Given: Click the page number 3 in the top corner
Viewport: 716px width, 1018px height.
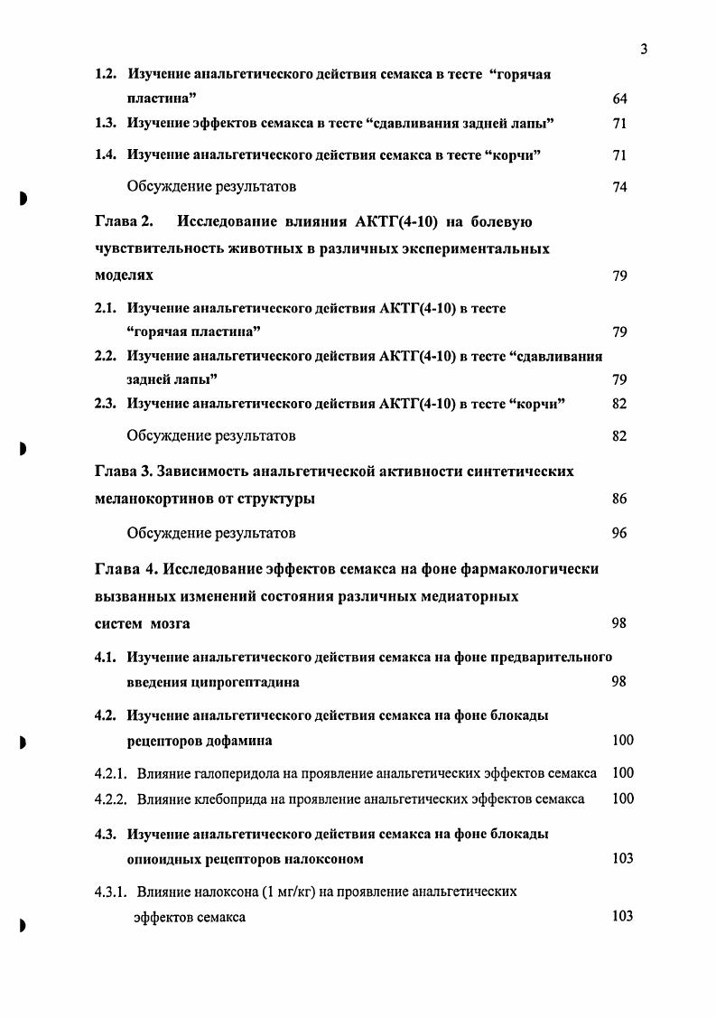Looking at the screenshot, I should (x=644, y=50).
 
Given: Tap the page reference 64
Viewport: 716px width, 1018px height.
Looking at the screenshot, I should (x=618, y=98).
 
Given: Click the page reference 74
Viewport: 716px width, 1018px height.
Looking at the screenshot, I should (x=618, y=187).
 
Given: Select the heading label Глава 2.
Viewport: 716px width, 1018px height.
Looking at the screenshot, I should (x=125, y=221).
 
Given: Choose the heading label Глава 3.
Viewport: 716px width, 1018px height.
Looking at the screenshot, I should (x=125, y=472).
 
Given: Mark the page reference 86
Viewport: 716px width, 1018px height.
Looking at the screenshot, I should (x=618, y=499).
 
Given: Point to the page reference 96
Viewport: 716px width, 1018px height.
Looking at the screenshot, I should (x=618, y=533).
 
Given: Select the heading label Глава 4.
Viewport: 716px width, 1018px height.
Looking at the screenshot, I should (x=125, y=568).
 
